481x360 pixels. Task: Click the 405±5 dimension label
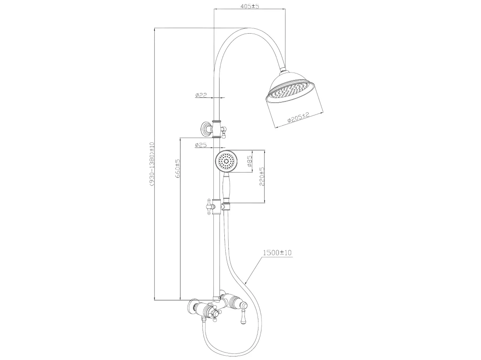pyautogui.click(x=250, y=6)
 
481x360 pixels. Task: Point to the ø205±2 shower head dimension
pyautogui.click(x=298, y=118)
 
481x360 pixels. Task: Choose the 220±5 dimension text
pyautogui.click(x=261, y=177)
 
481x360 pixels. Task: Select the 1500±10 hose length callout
pyautogui.click(x=277, y=253)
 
